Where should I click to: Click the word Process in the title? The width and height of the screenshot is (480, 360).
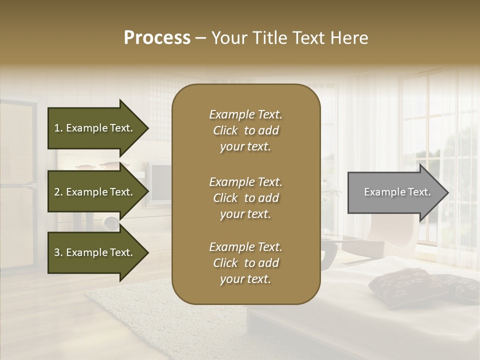tap(157, 38)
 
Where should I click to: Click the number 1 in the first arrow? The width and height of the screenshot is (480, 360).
tap(57, 128)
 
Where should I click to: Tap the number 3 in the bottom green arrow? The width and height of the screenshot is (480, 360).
tap(57, 252)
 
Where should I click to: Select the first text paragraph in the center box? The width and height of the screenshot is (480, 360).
tap(245, 130)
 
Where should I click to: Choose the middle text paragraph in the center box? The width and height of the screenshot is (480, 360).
tap(245, 198)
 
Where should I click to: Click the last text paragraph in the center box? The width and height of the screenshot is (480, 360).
tap(245, 263)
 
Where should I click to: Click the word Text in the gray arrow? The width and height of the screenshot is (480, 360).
tap(419, 192)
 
